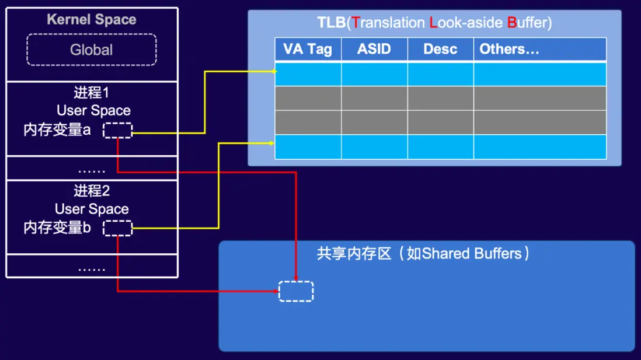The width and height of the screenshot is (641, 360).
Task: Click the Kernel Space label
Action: pyautogui.click(x=92, y=19)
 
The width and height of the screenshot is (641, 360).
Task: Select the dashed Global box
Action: pyautogui.click(x=92, y=50)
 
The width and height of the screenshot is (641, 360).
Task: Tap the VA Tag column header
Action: pyautogui.click(x=308, y=49)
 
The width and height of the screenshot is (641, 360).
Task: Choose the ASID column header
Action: pyautogui.click(x=374, y=49)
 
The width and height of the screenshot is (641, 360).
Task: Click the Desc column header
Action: pyautogui.click(x=440, y=49)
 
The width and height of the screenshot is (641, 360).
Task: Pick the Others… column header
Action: pyautogui.click(x=509, y=49)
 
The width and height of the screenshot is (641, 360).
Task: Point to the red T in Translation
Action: pyautogui.click(x=356, y=23)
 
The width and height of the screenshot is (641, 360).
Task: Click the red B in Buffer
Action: pyautogui.click(x=511, y=23)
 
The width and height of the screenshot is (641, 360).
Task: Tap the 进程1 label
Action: pyautogui.click(x=92, y=93)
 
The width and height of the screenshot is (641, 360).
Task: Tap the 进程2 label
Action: pyautogui.click(x=92, y=191)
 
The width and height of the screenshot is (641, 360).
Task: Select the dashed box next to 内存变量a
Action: pyautogui.click(x=118, y=130)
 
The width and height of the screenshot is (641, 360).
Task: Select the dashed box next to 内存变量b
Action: pyautogui.click(x=118, y=228)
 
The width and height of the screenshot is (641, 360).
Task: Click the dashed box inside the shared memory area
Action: pyautogui.click(x=296, y=291)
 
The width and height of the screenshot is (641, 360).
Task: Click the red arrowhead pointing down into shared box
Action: pyautogui.click(x=296, y=279)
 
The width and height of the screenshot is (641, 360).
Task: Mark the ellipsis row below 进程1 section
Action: pyautogui.click(x=92, y=169)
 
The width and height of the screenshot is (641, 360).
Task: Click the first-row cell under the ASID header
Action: pyautogui.click(x=374, y=74)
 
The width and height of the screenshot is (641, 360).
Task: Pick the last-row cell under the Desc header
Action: pyautogui.click(x=440, y=147)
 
